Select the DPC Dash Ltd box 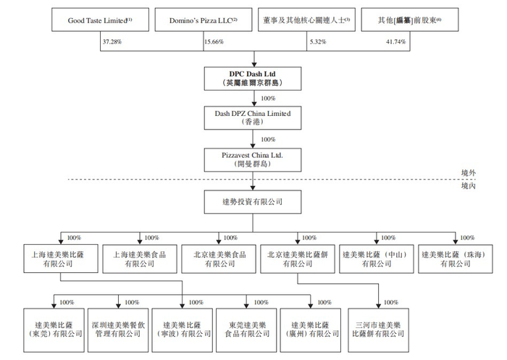[x=252, y=78]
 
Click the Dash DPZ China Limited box [x=252, y=117]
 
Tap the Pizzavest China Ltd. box [x=252, y=157]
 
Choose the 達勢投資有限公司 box [x=252, y=201]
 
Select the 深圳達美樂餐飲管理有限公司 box [x=117, y=329]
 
